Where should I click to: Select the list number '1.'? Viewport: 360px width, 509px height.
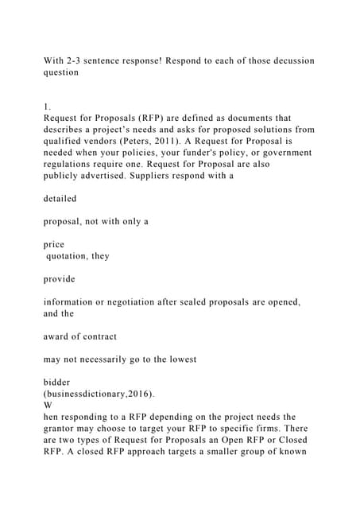tap(47, 104)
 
